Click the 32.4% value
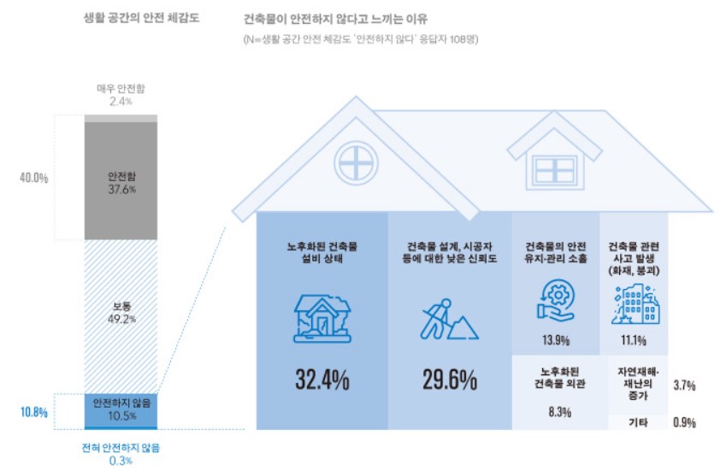point(322,380)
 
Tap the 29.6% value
point(449,380)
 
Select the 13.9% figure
point(556,340)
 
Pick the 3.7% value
point(683,386)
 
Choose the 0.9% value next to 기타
point(683,422)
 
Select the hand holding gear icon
point(556,303)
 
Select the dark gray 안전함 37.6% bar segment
point(121,180)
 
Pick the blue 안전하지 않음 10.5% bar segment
point(121,409)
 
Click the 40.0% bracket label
point(33,178)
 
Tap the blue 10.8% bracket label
point(33,412)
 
